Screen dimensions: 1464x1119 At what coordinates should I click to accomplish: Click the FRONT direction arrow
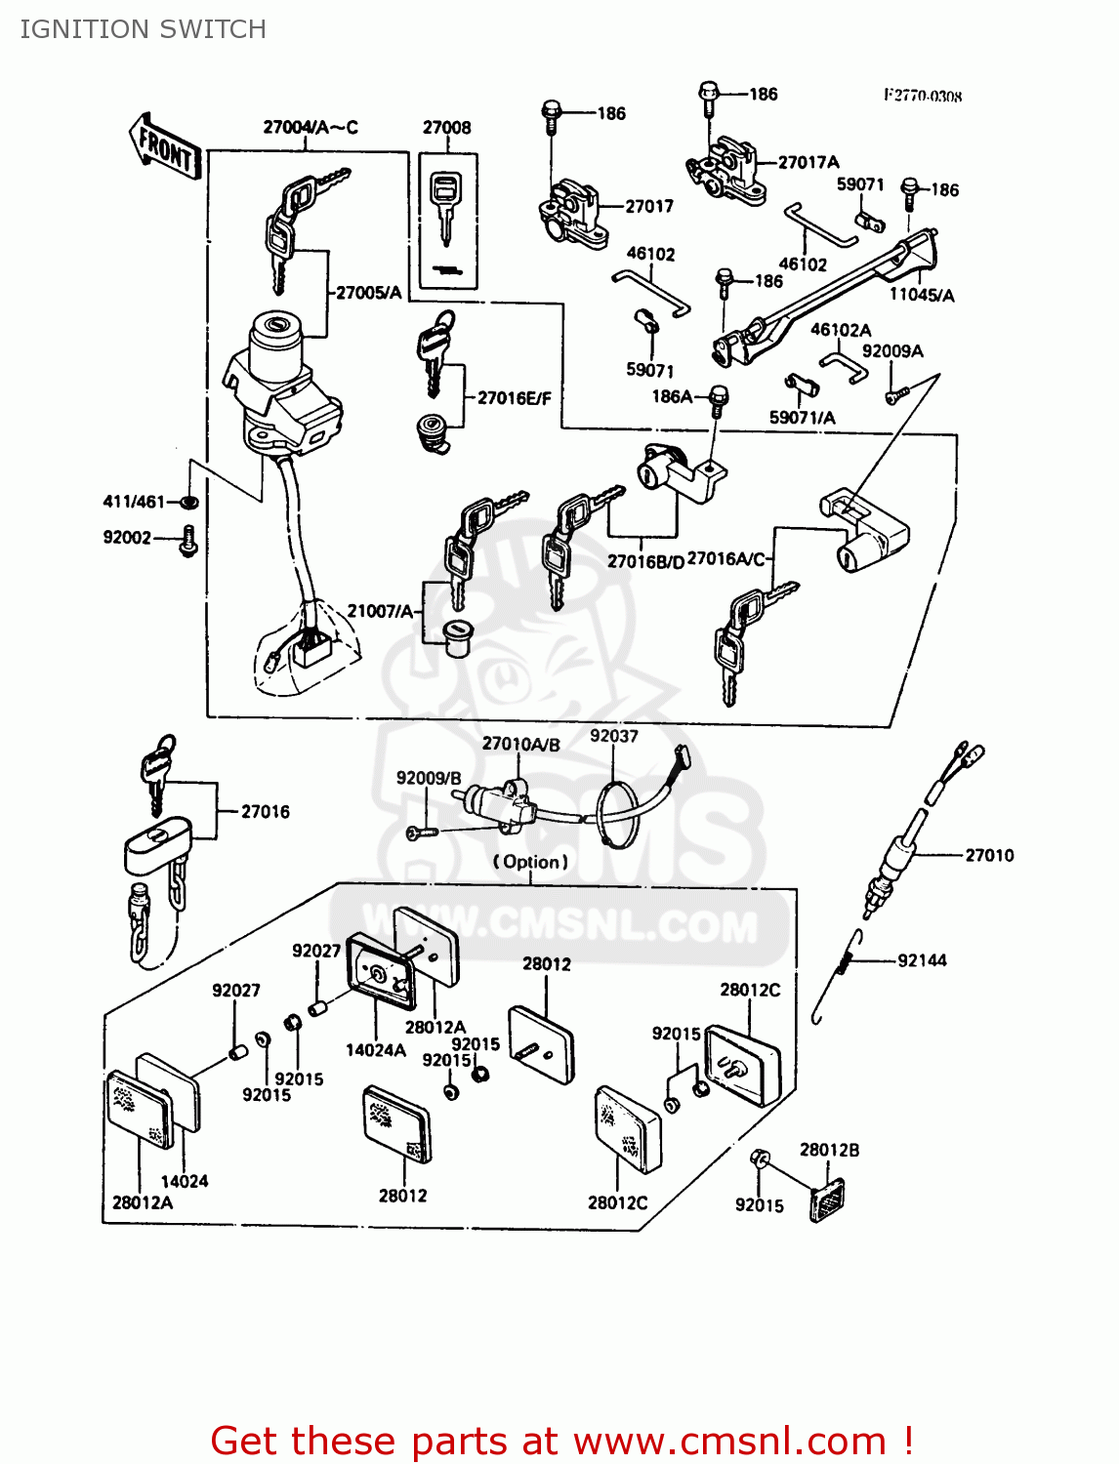(x=164, y=147)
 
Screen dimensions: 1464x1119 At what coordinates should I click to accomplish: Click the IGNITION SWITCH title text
(x=143, y=29)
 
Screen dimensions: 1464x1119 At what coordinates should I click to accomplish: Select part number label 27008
(x=446, y=128)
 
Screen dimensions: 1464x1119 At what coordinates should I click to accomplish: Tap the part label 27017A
(x=808, y=163)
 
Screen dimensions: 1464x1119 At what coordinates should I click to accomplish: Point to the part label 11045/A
(x=922, y=295)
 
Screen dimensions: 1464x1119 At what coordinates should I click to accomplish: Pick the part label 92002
(x=127, y=538)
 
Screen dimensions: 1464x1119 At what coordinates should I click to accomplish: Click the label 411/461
(x=134, y=502)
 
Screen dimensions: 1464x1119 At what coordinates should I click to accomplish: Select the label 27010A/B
(x=521, y=744)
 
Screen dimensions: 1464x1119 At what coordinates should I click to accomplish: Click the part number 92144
(x=922, y=960)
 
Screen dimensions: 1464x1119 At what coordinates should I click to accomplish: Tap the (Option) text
(x=530, y=862)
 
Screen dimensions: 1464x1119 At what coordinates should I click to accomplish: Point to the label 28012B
(x=829, y=1150)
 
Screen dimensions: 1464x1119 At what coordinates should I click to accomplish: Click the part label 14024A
(x=376, y=1050)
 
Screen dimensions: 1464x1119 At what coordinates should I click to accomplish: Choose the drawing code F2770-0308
(x=923, y=96)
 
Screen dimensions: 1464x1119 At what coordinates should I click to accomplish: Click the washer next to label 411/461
(x=190, y=502)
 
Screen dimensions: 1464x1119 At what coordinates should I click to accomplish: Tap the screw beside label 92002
(x=188, y=540)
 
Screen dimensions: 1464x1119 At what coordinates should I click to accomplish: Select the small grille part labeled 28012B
(x=827, y=1200)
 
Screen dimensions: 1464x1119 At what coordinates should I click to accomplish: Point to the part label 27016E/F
(x=514, y=398)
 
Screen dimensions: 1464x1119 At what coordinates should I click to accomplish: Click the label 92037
(x=613, y=736)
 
